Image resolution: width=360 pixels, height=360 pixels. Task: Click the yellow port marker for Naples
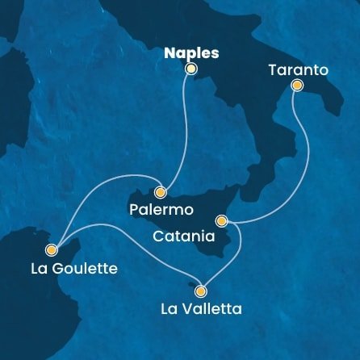click(x=191, y=69)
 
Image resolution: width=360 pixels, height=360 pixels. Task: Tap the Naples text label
click(x=191, y=52)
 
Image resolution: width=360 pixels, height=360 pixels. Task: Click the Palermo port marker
click(x=161, y=192)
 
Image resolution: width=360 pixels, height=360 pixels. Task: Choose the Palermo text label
click(x=161, y=210)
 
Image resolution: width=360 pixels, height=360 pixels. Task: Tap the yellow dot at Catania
click(x=221, y=220)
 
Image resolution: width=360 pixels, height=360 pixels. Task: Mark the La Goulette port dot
click(x=52, y=249)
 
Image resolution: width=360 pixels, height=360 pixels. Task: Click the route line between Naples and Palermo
click(x=184, y=129)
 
